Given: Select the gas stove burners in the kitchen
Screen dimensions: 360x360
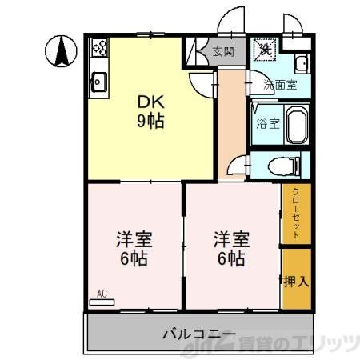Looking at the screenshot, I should point(100,48).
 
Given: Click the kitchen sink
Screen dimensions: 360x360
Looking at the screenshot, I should point(99,81).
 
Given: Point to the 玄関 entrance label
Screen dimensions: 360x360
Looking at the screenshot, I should point(223,53).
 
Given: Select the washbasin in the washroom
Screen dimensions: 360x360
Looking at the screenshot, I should point(301,64).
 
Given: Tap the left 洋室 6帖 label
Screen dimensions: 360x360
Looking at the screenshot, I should point(134,248).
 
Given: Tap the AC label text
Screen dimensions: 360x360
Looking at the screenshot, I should point(102,294).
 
